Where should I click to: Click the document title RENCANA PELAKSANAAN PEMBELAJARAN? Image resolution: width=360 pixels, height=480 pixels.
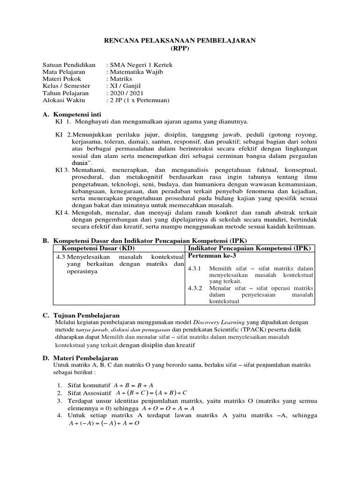pos(180,41)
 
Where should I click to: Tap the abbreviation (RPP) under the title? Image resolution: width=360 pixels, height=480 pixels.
pos(180,49)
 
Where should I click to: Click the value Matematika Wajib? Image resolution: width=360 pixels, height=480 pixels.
pos(136,72)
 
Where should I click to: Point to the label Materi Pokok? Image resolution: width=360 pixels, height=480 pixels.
pos(62,79)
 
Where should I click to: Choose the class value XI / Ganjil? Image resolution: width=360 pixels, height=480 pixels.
pos(125,86)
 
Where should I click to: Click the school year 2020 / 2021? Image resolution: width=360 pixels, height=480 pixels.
pos(126,93)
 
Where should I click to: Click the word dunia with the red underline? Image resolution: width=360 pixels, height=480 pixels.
pos(80,163)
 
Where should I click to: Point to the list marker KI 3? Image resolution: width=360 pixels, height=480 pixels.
pos(62,169)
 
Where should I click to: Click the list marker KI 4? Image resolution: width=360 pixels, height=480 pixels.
pos(62,212)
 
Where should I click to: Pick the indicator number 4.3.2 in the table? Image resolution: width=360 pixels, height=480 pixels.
pos(194,288)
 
